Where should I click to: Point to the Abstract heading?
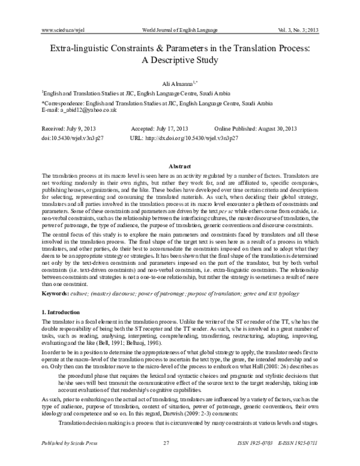point(180,165)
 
